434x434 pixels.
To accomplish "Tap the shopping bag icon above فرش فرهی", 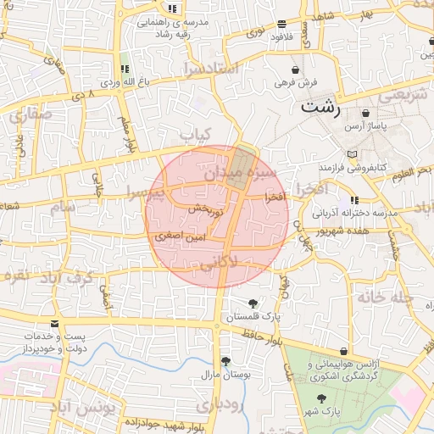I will [294, 70].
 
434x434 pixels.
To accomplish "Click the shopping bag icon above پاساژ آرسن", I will [365, 113].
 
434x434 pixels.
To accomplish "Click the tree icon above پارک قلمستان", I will [253, 303].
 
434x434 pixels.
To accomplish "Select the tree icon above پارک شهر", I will [320, 398].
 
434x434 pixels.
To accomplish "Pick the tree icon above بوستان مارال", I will [225, 361].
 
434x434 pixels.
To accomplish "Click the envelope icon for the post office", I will [55, 324].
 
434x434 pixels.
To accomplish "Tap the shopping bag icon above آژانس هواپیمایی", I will [343, 352].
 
